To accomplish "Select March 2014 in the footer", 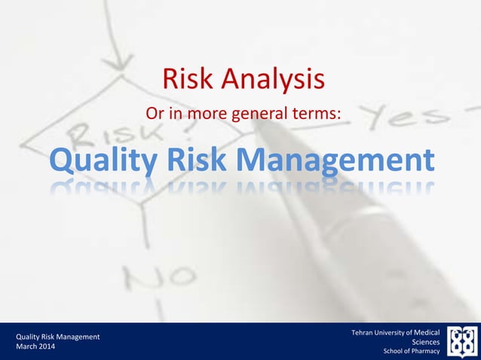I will coord(36,346).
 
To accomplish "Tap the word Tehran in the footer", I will coord(365,332).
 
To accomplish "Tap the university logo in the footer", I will coord(461,341).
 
